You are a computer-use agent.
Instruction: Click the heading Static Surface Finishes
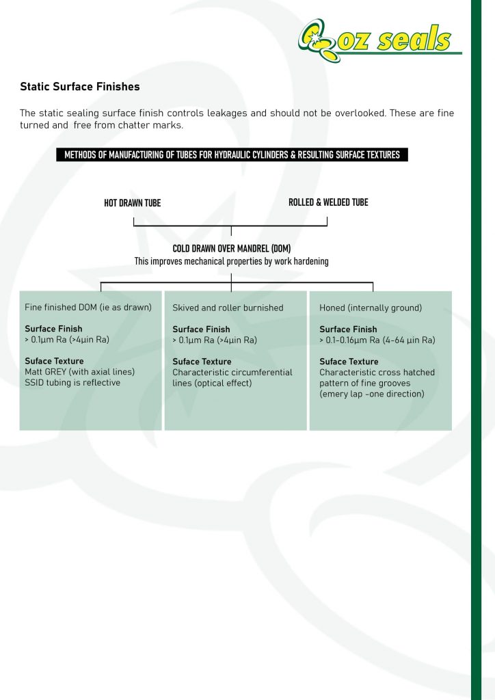[x=80, y=87]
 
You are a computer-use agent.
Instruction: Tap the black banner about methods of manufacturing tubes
[x=232, y=154]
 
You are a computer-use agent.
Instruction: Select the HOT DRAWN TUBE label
[x=132, y=202]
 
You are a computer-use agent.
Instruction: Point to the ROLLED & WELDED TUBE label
[x=328, y=202]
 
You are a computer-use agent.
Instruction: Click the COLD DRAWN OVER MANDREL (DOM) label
[x=232, y=249]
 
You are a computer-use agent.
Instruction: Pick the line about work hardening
[x=232, y=261]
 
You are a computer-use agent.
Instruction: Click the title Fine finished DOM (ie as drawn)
[x=88, y=307]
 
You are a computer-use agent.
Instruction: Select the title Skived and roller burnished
[x=228, y=308]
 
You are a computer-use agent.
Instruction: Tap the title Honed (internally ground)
[x=371, y=308]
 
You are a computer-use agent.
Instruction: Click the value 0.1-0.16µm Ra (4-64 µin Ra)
[x=380, y=340]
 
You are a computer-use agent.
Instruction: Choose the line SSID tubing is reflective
[x=72, y=383]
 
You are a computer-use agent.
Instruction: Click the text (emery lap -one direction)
[x=372, y=394]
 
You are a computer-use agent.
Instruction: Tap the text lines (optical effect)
[x=212, y=383]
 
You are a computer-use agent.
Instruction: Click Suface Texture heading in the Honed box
[x=349, y=362]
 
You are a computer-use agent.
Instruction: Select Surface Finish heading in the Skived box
[x=201, y=329]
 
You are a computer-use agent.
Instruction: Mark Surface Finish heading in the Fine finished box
[x=53, y=329]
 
